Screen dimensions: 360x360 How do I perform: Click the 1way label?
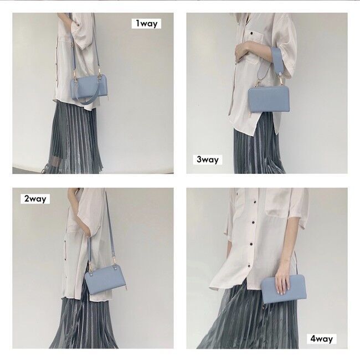coord(146,23)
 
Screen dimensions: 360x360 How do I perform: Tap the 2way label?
coord(35,199)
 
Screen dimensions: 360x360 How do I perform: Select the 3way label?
coord(208,160)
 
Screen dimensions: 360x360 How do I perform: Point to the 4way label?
coord(322,338)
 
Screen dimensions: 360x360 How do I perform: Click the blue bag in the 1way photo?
coord(90,88)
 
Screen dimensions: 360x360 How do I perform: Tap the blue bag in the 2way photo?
coord(105,280)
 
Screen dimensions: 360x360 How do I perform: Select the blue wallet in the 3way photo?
coord(269,99)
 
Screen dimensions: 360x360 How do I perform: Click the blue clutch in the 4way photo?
coord(284,290)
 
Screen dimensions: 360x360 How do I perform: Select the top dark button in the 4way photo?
coord(254,202)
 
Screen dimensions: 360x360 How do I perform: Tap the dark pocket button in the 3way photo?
coord(252,33)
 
